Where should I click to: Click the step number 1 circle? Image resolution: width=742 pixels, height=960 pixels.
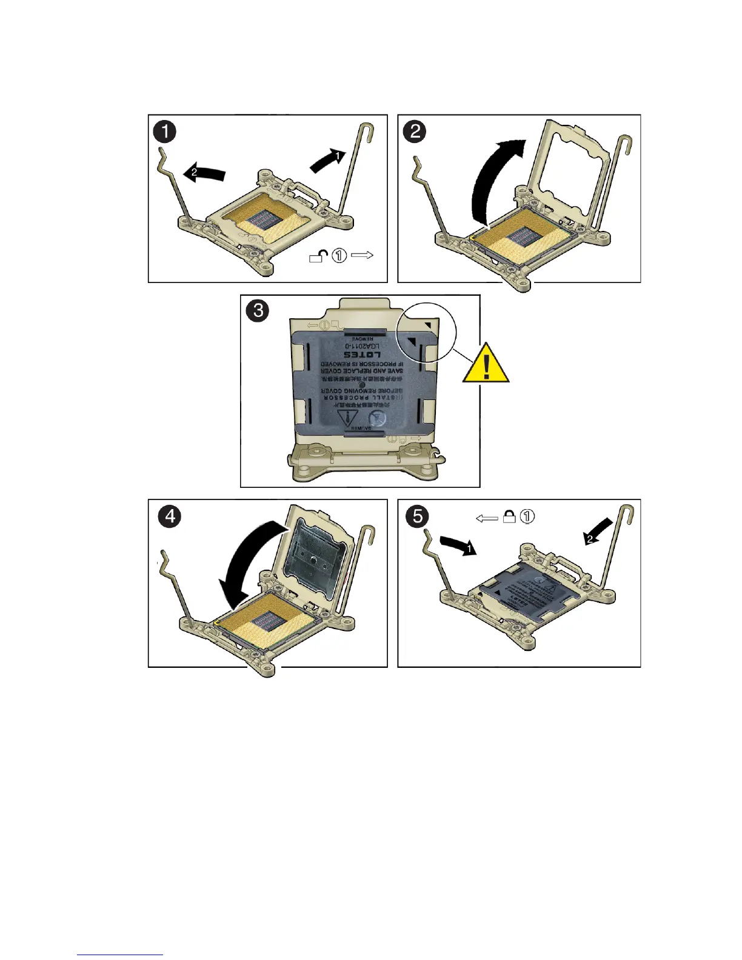tap(165, 132)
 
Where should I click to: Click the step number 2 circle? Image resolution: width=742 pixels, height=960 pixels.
tap(415, 131)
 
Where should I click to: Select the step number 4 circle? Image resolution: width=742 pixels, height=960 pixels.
tap(169, 516)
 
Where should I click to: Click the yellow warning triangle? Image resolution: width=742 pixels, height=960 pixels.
tap(486, 364)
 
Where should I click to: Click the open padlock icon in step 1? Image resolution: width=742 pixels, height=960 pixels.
tap(319, 256)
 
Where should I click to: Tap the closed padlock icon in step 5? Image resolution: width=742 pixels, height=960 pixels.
tap(510, 517)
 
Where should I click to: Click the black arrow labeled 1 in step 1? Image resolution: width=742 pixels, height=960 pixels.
tap(328, 161)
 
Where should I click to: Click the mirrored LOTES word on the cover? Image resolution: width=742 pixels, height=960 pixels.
tap(363, 354)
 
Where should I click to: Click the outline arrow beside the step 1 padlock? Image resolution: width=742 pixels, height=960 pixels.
tap(362, 255)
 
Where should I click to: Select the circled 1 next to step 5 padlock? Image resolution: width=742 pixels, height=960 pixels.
tap(528, 517)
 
